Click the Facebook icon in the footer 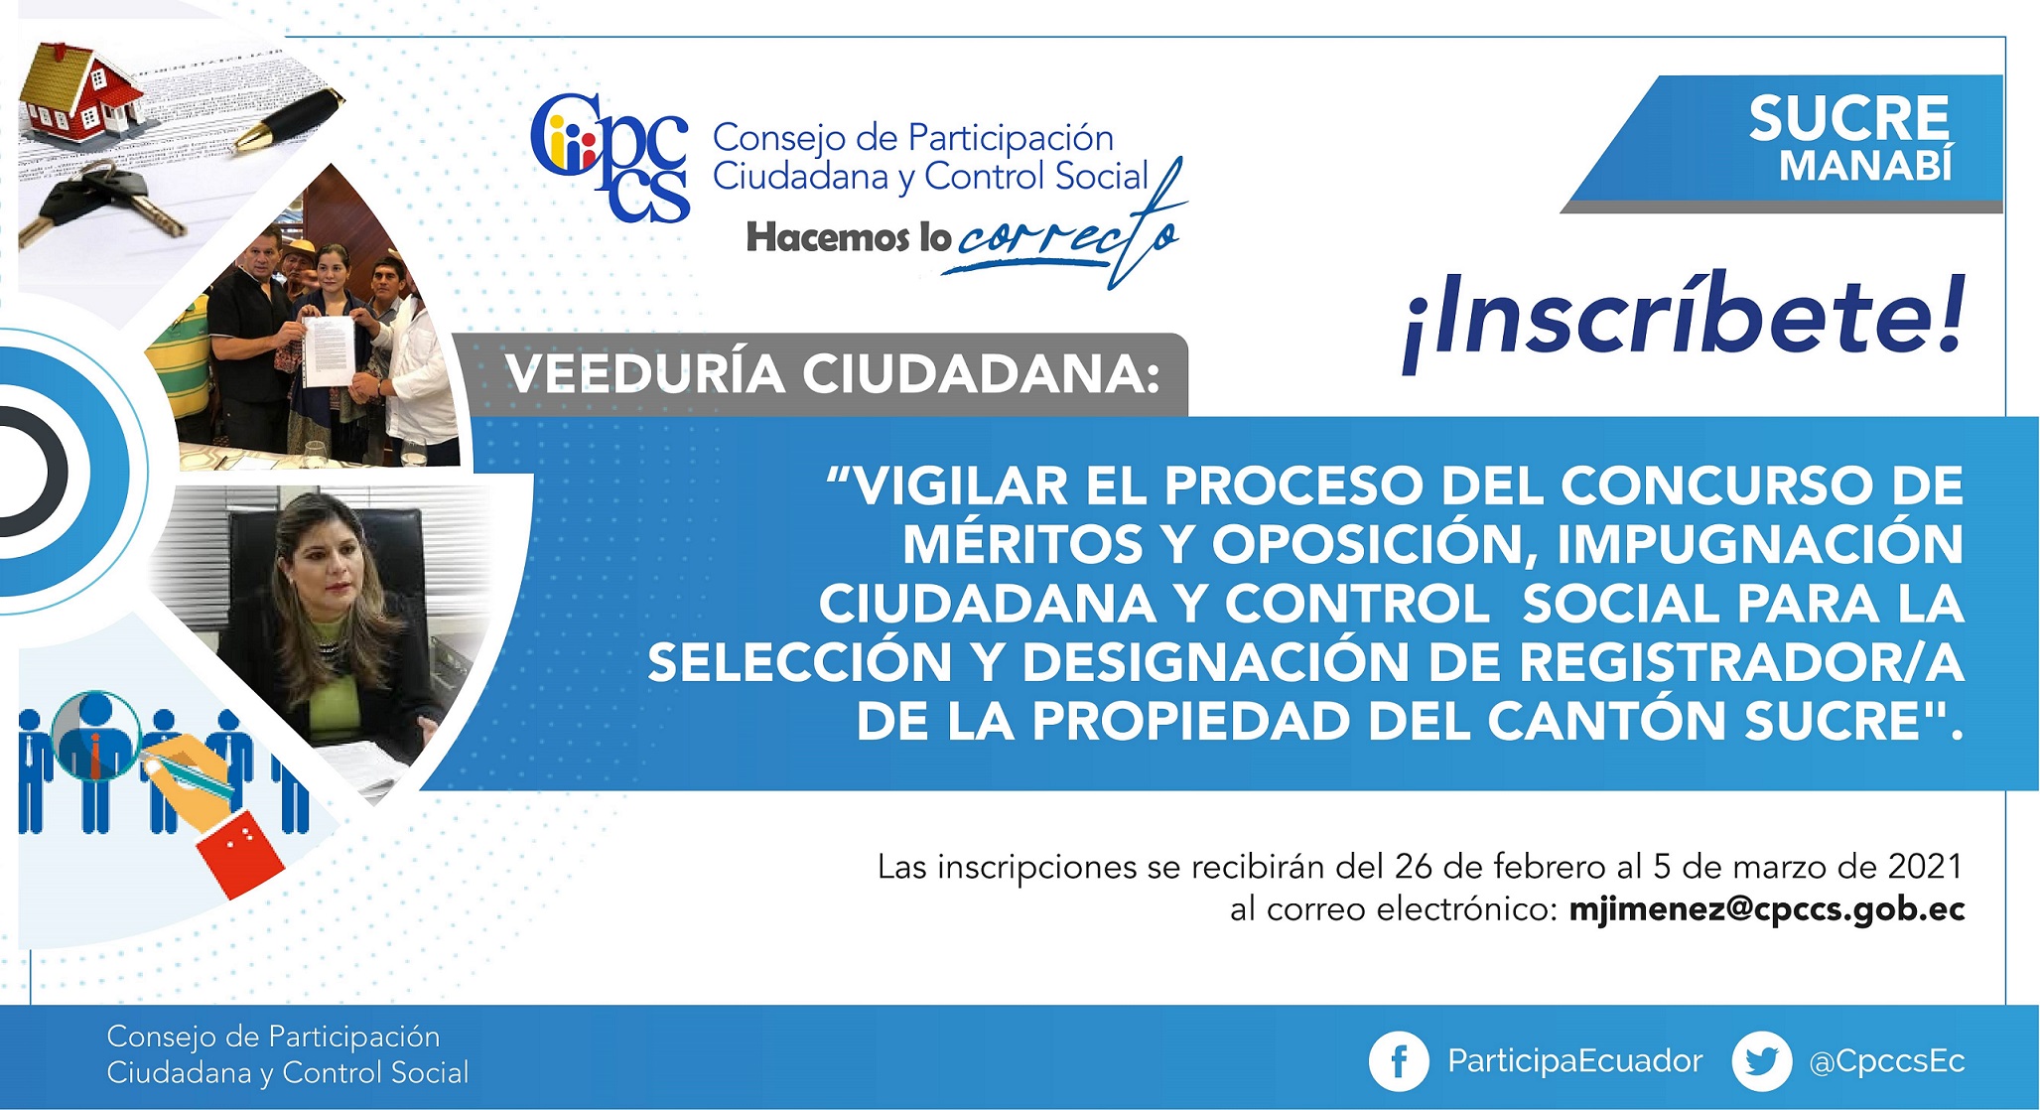point(1399,1061)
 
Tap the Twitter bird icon point(1762,1061)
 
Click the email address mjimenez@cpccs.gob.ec point(1767,909)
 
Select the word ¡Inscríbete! point(1684,319)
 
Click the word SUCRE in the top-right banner point(1849,119)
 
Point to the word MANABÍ point(1866,166)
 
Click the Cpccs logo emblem point(610,157)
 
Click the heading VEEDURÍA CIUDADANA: point(833,374)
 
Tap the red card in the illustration point(240,855)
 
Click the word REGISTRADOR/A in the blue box point(1742,662)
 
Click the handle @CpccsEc point(1887,1061)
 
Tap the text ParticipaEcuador point(1575,1061)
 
